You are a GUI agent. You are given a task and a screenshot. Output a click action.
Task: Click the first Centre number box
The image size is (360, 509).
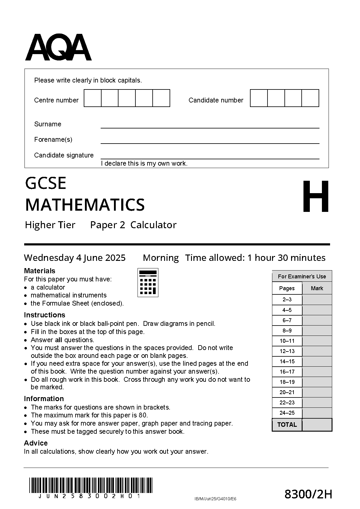[x=92, y=98]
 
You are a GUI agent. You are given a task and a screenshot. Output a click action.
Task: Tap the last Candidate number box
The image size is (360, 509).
[x=310, y=98]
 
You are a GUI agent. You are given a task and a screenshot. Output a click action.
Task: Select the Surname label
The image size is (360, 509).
[x=47, y=124]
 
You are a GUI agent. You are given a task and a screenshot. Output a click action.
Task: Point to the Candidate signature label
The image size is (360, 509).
[x=64, y=155]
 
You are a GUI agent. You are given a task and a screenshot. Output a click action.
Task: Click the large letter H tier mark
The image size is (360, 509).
[x=316, y=196]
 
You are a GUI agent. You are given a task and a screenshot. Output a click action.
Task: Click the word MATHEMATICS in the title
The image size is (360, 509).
[x=85, y=205]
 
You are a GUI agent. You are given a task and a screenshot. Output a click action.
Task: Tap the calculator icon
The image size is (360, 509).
[x=148, y=282]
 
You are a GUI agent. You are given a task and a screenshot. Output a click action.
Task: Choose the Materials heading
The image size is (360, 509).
[x=40, y=271]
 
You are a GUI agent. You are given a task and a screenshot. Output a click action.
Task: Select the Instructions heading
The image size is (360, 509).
[x=44, y=315]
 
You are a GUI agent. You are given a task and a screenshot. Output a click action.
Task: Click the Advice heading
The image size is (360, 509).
[x=36, y=443]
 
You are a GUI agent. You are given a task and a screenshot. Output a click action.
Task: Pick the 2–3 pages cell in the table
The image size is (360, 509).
[x=287, y=300]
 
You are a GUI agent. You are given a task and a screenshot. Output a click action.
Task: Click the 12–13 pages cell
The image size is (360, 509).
[x=287, y=351]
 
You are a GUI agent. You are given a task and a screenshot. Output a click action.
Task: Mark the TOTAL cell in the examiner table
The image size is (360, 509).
[x=287, y=424]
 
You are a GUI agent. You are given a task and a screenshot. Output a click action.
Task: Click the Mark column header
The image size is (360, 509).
[x=317, y=288]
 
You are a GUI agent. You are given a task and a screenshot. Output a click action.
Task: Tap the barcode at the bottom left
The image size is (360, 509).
[x=91, y=485]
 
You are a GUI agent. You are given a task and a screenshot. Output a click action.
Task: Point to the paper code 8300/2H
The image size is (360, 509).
[x=308, y=494]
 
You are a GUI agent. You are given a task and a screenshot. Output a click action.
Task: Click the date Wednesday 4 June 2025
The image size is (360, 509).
[x=75, y=258]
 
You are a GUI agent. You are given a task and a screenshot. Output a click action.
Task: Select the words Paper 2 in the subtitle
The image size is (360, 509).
[x=108, y=225]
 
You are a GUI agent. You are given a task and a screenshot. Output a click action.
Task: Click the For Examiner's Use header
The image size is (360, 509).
[x=302, y=276]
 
